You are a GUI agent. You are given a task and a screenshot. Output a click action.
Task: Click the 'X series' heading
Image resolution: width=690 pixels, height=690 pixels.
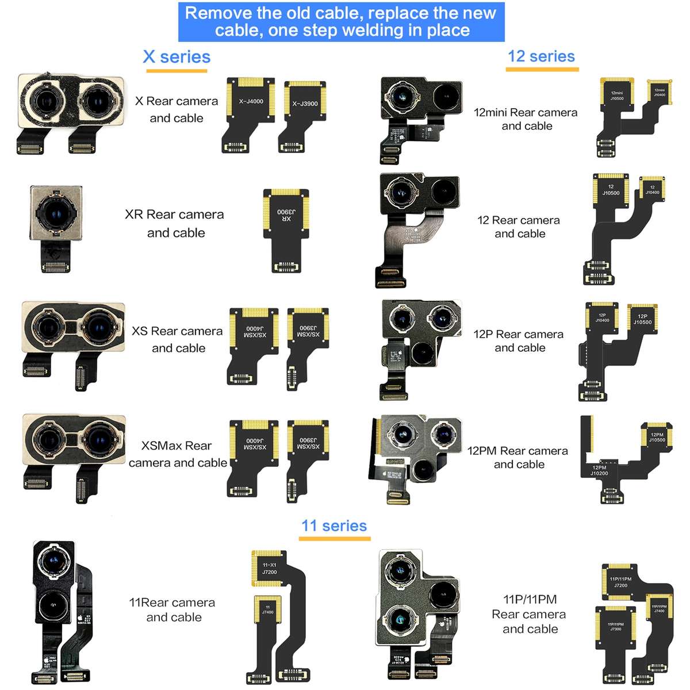tap(177, 57)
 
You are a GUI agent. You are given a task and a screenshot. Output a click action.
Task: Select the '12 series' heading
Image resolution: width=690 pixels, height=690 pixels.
tap(541, 56)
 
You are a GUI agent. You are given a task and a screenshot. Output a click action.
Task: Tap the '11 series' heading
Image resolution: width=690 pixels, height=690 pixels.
tap(334, 526)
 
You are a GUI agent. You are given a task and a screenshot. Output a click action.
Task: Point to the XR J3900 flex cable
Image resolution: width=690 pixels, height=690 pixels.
tap(286, 230)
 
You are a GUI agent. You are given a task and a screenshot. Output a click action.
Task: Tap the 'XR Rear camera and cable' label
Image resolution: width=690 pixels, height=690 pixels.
tap(175, 223)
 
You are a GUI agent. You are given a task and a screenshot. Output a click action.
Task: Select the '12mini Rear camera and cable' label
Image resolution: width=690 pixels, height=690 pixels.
tap(526, 119)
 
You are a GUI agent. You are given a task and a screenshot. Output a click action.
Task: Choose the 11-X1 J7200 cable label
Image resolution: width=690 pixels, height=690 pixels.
tap(269, 568)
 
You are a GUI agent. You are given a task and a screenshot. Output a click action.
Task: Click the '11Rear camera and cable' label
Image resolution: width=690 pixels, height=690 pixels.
tap(172, 609)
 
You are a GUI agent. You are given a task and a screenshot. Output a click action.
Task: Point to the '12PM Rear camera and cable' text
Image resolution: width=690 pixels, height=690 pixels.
tap(517, 457)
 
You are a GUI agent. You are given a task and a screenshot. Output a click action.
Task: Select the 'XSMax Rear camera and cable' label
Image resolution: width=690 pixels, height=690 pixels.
tap(178, 454)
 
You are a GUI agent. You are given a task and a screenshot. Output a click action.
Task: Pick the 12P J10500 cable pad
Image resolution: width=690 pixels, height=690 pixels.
tap(642, 319)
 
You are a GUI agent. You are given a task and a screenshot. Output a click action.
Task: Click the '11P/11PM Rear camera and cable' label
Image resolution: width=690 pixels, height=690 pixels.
tap(530, 614)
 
